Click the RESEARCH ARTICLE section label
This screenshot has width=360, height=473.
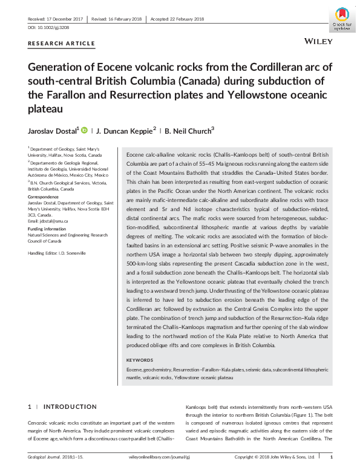[62, 43]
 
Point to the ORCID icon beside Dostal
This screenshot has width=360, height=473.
[84, 129]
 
